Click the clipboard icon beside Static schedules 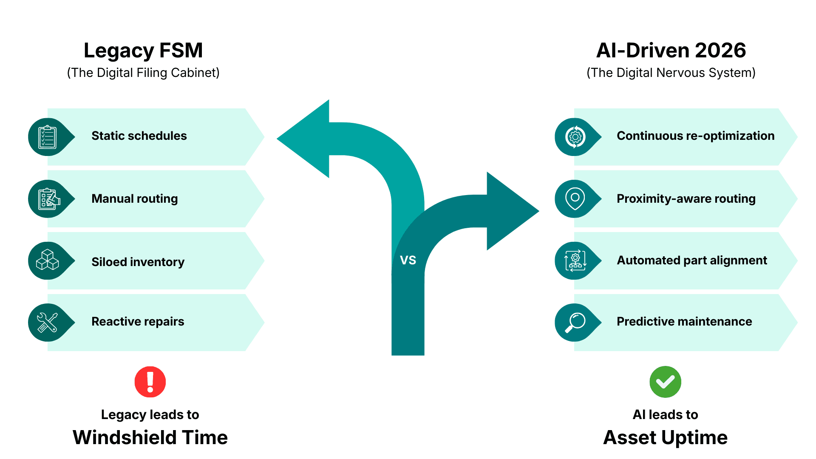[48, 137]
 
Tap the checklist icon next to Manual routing [48, 199]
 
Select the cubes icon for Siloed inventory [48, 260]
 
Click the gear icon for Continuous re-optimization [575, 137]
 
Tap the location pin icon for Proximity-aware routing [575, 198]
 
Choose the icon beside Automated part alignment [575, 261]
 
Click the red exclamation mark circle [150, 382]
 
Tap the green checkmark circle [665, 382]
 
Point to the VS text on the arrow [408, 260]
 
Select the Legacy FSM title [143, 50]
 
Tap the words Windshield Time [150, 437]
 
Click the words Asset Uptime [665, 437]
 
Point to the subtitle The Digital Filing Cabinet [143, 73]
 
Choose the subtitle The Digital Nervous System [671, 73]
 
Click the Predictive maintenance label [684, 321]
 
